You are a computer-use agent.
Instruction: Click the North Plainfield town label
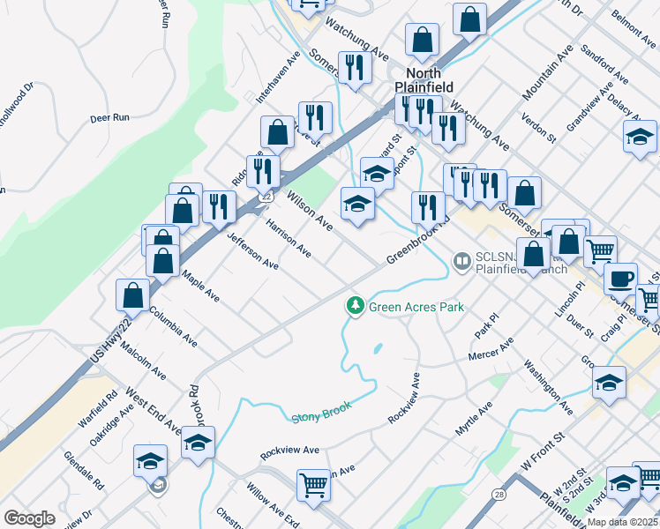tap(430, 80)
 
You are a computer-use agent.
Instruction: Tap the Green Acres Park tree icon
tap(356, 305)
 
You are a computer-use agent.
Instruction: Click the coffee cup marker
tap(620, 278)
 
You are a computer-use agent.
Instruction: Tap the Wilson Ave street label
tap(309, 210)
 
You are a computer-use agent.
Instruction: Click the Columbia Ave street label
tap(172, 323)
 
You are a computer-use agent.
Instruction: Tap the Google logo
tap(29, 518)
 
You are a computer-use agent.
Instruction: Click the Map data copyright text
tap(622, 521)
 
